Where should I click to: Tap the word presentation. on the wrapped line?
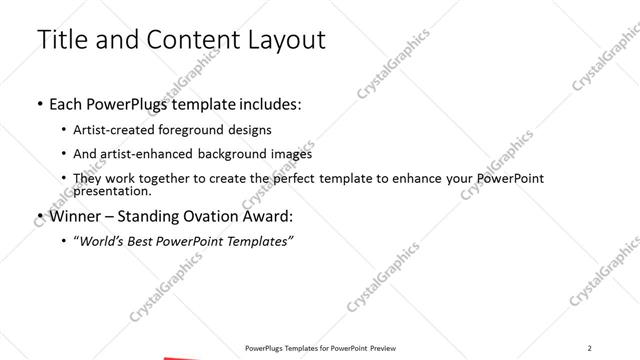(113, 190)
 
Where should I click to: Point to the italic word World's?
(102, 241)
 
